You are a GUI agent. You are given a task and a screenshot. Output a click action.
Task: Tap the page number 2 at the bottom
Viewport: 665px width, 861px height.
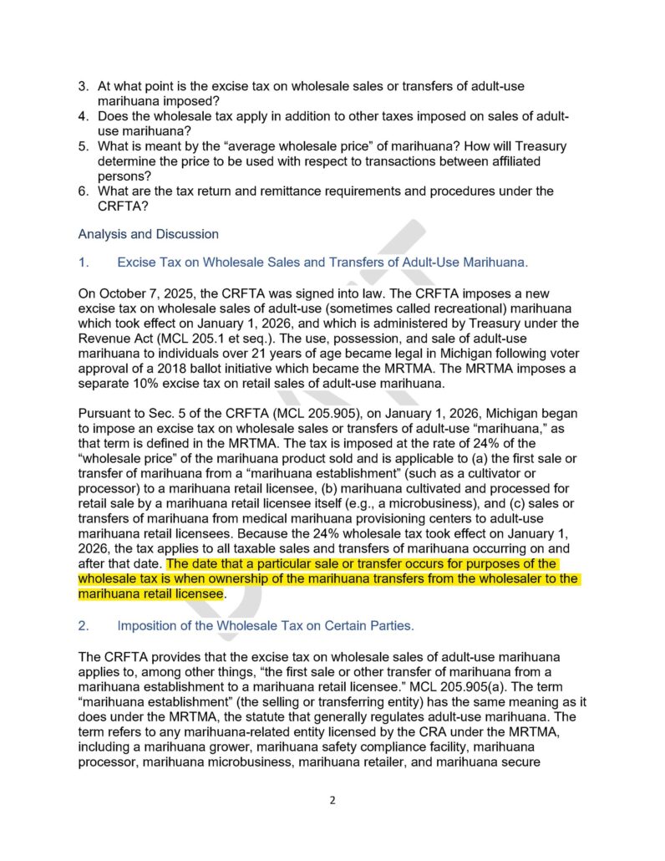click(x=332, y=800)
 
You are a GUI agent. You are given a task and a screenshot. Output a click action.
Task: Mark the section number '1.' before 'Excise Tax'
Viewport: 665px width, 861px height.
click(x=84, y=263)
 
